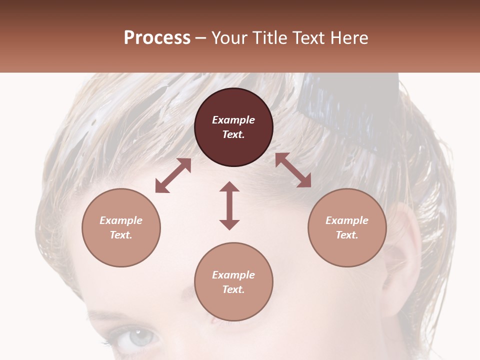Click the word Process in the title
click(157, 38)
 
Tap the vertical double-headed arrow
click(229, 205)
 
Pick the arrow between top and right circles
click(293, 170)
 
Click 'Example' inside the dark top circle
click(233, 120)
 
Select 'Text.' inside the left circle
click(121, 235)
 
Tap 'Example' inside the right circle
click(347, 220)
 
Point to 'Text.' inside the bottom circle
click(233, 289)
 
